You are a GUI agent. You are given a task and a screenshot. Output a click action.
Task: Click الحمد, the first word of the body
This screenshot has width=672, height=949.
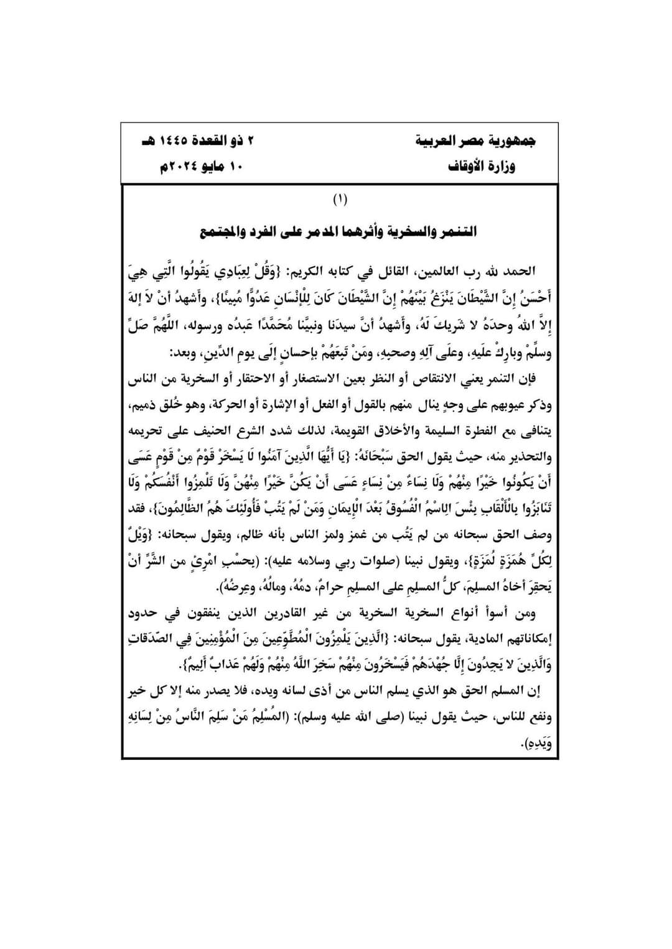coord(520,271)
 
